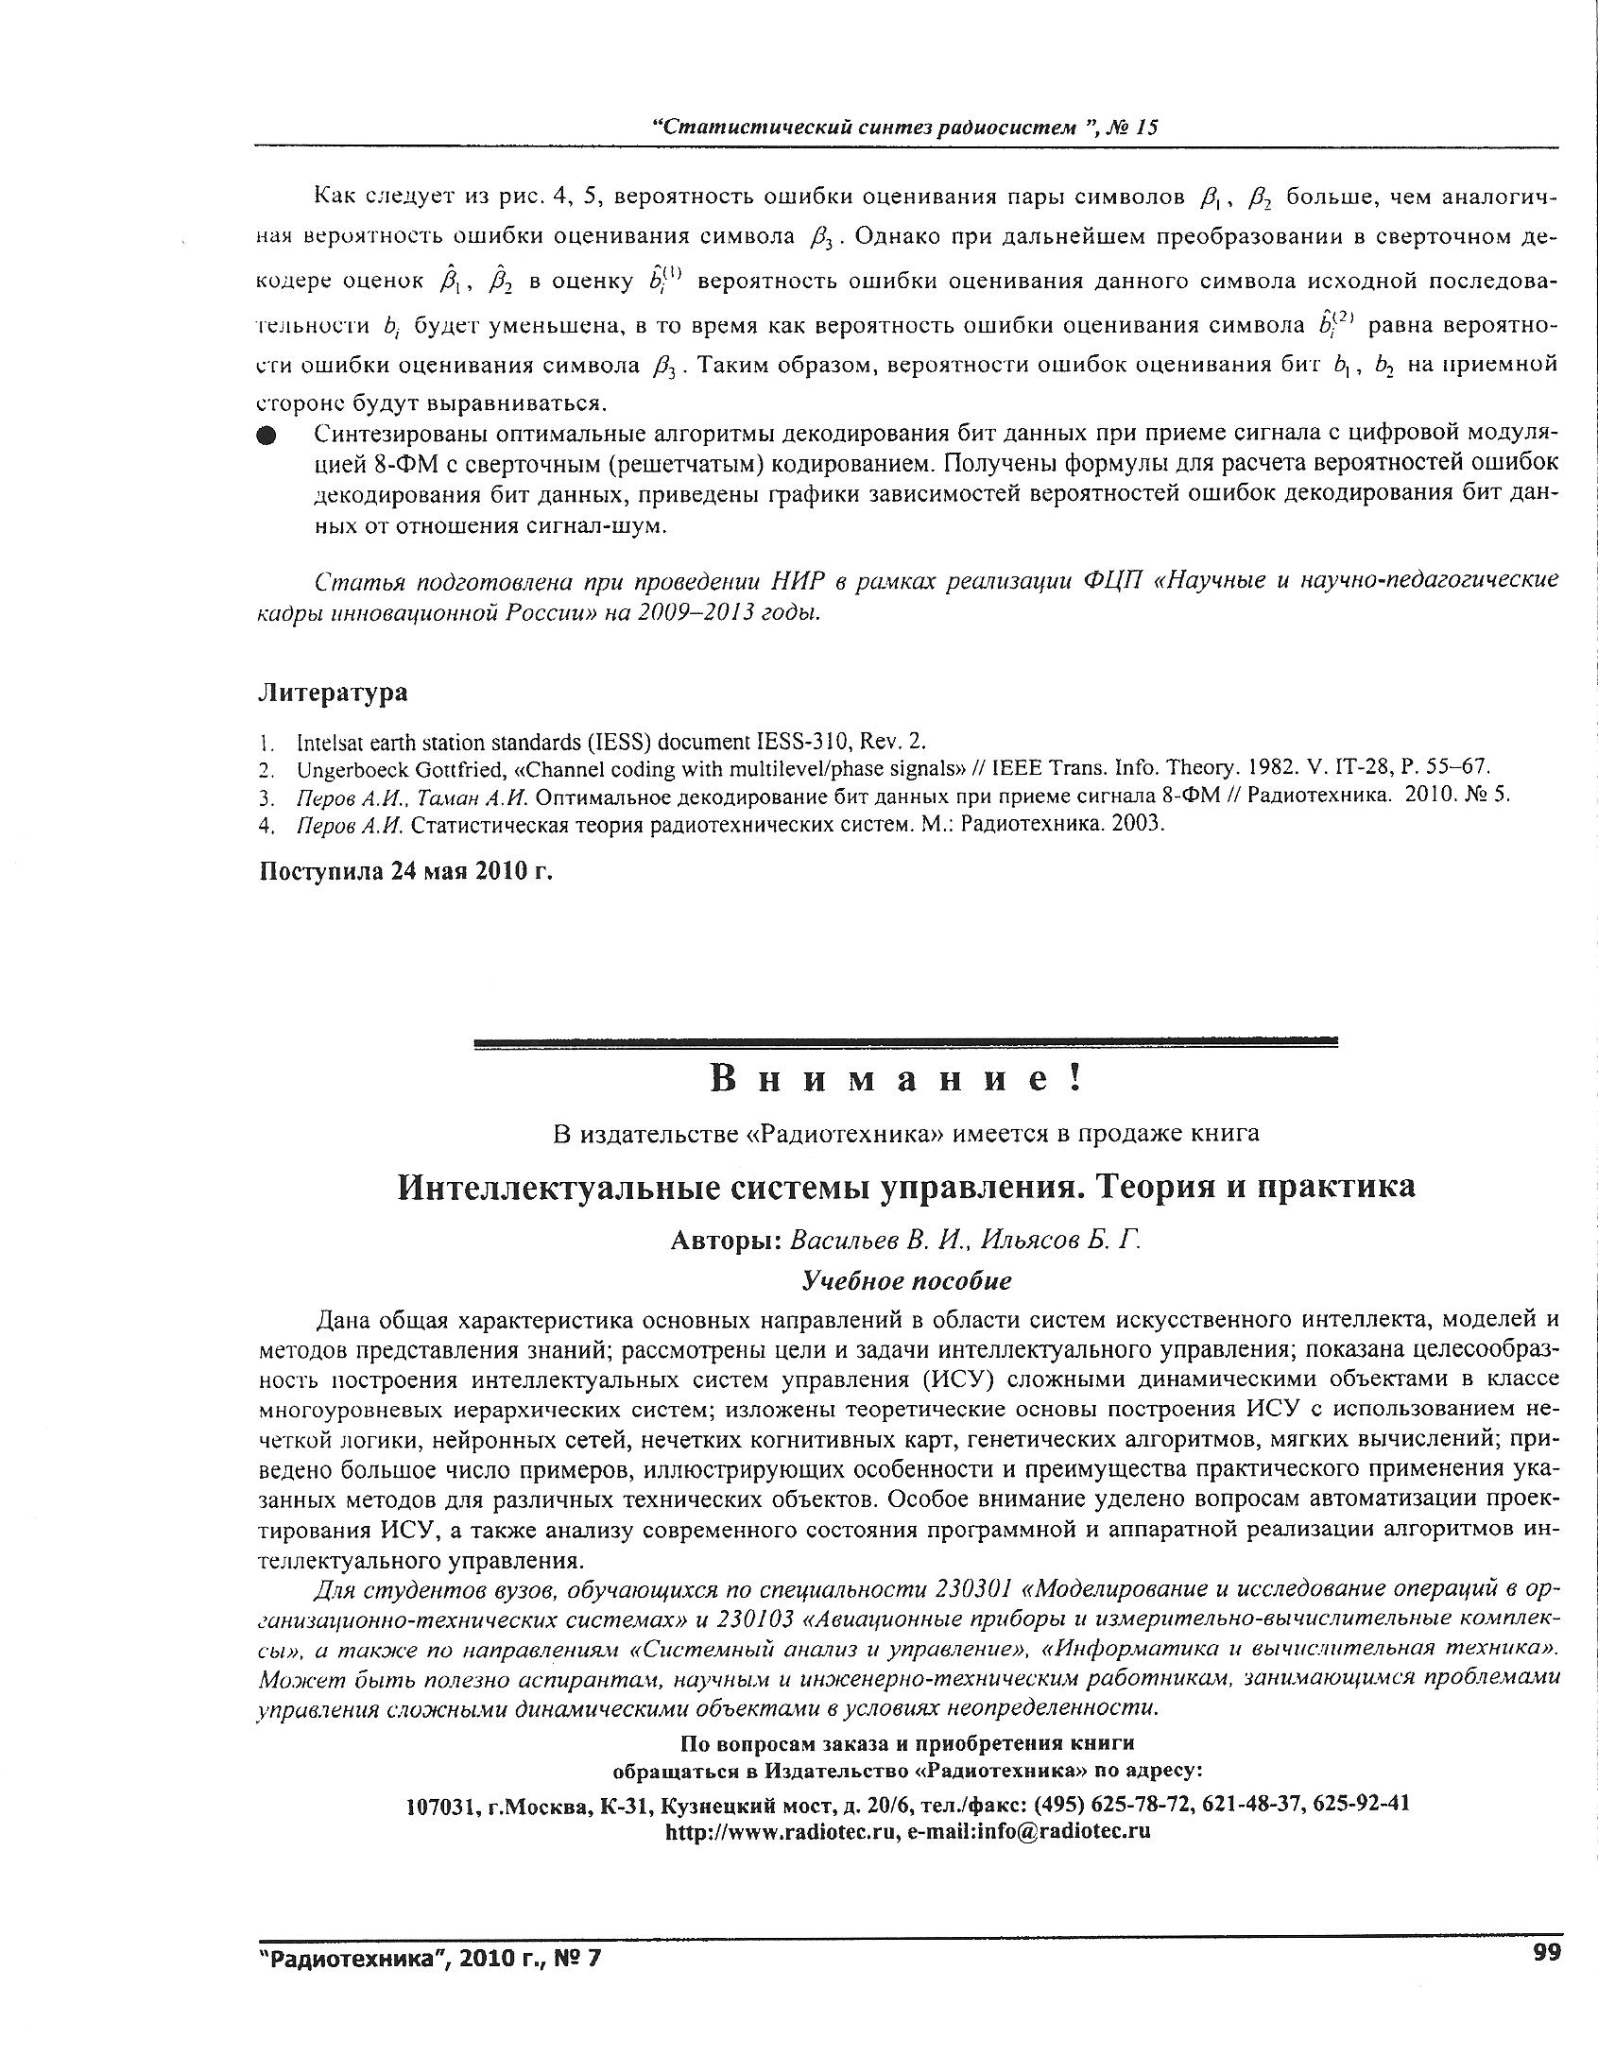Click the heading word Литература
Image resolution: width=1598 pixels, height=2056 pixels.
(333, 693)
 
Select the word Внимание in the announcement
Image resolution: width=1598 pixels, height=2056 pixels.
(896, 1078)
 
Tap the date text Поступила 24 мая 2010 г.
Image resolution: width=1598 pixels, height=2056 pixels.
(405, 870)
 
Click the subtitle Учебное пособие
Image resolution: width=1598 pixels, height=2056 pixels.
(906, 1280)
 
